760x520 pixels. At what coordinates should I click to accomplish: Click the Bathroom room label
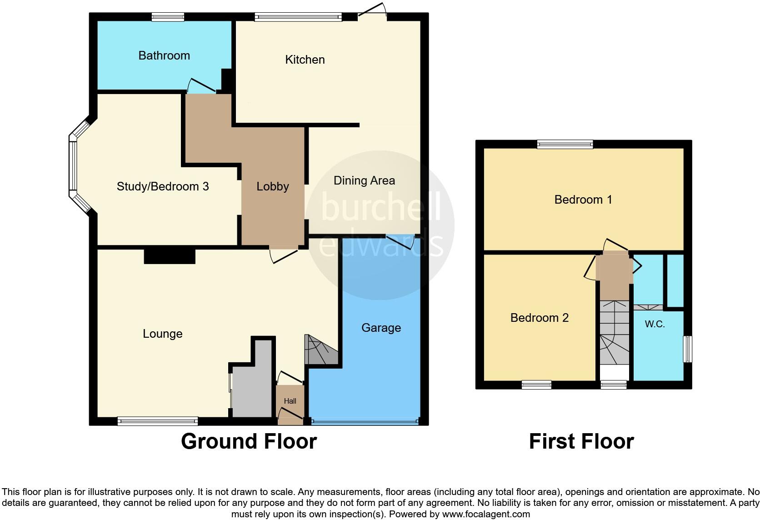[x=164, y=55]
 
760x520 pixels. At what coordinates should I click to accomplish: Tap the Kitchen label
[x=305, y=60]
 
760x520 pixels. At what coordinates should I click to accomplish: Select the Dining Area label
[x=364, y=180]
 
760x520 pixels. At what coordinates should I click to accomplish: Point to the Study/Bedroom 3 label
[x=163, y=186]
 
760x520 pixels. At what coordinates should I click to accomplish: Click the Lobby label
[x=273, y=186]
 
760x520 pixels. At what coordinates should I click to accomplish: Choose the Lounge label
[x=162, y=334]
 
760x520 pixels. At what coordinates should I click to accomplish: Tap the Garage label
[x=381, y=328]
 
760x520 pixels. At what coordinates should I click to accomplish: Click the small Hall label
[x=290, y=401]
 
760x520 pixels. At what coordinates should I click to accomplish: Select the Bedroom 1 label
[x=583, y=200]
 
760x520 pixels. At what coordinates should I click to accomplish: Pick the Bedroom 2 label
[x=540, y=318]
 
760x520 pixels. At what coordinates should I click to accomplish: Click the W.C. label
[x=655, y=324]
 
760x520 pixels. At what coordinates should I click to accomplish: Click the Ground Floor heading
[x=249, y=441]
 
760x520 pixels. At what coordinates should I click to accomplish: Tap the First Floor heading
[x=581, y=441]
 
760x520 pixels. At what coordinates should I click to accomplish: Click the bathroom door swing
[x=201, y=86]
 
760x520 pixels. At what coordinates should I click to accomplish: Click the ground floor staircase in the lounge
[x=320, y=350]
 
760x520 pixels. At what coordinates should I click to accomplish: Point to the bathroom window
[x=168, y=17]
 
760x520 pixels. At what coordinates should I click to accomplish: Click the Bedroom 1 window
[x=565, y=144]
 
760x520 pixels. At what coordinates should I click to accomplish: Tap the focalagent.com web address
[x=485, y=515]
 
